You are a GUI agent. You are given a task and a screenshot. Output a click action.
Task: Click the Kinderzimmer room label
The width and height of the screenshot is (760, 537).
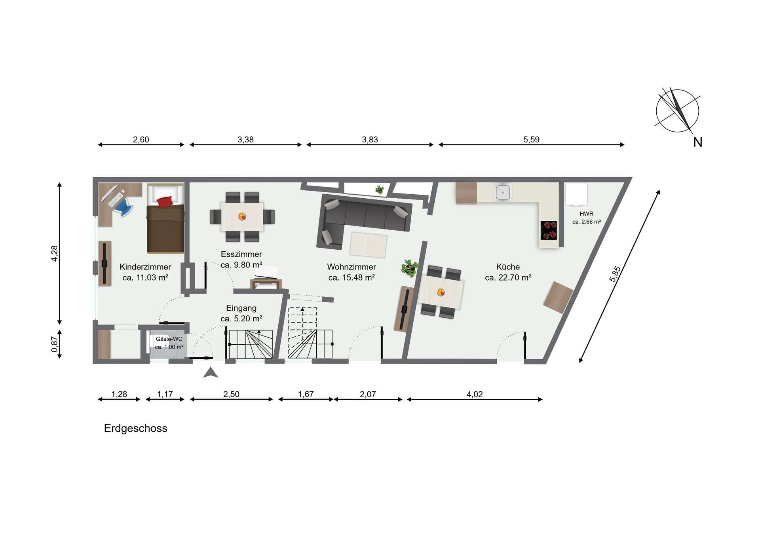145,267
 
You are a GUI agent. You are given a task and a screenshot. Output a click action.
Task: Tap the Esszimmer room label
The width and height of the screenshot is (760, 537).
241,254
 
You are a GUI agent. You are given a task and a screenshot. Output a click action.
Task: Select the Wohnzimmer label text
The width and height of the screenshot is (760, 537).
351,267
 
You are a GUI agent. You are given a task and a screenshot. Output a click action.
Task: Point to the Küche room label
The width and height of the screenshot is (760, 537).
508,267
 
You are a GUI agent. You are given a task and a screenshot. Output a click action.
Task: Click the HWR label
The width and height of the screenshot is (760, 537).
587,214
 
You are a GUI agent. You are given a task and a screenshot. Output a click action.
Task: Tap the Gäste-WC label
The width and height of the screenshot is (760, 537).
169,339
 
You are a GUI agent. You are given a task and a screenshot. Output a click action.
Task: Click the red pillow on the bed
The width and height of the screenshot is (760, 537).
165,201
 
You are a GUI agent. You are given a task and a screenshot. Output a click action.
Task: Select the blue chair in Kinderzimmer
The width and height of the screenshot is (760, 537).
124,207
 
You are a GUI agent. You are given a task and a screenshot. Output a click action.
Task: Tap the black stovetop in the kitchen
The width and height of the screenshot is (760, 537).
549,230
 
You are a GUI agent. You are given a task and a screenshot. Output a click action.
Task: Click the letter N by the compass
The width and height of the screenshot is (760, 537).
698,142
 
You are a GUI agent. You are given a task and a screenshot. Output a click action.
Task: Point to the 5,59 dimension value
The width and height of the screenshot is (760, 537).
531,139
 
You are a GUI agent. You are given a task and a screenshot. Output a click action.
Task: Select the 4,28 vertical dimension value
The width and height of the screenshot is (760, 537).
55,253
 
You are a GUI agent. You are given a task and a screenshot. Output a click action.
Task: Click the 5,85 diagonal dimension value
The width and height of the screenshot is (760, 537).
615,274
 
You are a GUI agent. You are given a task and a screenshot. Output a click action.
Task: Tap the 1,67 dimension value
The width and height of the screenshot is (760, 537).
306,394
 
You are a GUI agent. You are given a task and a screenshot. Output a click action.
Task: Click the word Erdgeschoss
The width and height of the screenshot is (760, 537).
136,429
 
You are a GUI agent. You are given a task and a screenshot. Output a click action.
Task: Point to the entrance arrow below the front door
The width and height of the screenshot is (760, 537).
211,372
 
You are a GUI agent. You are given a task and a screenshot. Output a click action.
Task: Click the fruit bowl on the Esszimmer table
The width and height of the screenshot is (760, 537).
242,216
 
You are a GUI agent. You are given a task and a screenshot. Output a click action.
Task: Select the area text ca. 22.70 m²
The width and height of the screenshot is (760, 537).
508,278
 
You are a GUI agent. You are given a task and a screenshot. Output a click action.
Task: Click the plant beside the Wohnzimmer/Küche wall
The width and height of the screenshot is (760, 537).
409,268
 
